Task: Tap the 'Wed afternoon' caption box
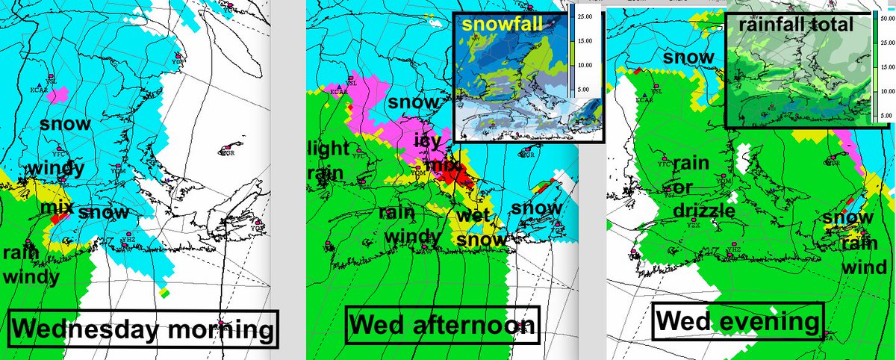[442, 324]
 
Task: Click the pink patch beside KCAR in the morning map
[60, 93]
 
